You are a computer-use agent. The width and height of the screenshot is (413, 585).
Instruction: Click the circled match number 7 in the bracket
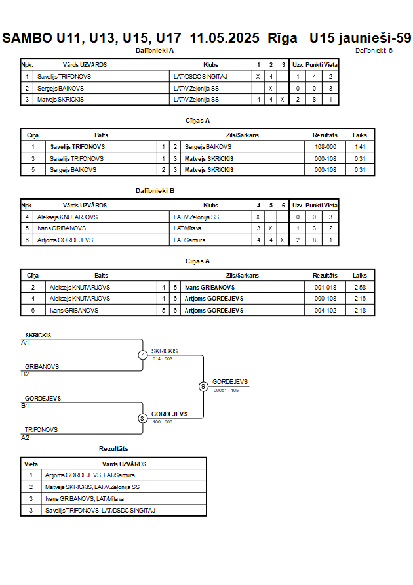[142, 355]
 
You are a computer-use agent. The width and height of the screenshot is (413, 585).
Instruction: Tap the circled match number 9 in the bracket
[203, 387]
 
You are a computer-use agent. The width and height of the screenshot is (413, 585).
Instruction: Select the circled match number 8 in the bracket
[142, 418]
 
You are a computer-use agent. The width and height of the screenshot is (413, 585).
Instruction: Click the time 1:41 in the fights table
[360, 147]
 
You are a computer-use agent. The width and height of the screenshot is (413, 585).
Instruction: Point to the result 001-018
[325, 288]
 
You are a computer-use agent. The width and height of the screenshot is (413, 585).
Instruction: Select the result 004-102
[325, 310]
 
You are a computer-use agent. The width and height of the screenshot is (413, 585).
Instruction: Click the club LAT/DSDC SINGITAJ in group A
[201, 76]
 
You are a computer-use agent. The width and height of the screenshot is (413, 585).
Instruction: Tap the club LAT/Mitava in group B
[187, 228]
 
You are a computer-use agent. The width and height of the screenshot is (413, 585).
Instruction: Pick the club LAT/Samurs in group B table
[189, 240]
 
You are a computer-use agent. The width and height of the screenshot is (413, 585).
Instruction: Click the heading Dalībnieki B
[155, 190]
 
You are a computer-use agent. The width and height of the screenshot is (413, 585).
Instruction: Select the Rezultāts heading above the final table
[113, 449]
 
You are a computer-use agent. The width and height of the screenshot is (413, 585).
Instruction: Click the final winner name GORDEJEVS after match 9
[230, 381]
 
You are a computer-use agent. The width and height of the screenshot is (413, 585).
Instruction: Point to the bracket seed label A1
[25, 343]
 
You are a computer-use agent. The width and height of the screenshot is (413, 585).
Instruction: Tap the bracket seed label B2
[25, 374]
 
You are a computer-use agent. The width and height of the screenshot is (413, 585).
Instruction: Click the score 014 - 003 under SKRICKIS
[163, 359]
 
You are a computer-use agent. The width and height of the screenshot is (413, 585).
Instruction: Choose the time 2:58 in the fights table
[360, 288]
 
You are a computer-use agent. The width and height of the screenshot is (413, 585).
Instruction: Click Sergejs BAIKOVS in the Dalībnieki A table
[60, 89]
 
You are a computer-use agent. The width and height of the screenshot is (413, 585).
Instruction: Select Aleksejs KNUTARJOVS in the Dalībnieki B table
[68, 217]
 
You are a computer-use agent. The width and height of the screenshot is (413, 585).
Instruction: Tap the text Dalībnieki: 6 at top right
[374, 51]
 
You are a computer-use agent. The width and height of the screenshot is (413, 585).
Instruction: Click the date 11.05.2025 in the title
[224, 38]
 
